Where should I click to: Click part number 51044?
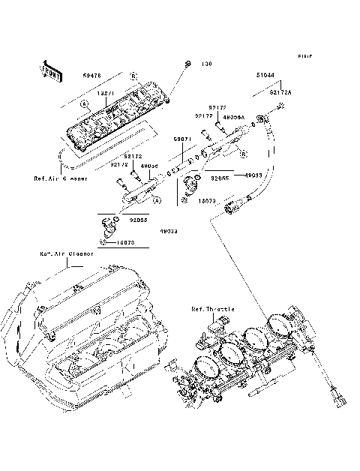click(264, 75)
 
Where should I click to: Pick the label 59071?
click(184, 139)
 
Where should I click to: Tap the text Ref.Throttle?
click(213, 308)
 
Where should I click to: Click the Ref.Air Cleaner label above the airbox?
click(67, 253)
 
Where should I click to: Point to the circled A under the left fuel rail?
click(157, 200)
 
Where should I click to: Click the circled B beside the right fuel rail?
click(243, 154)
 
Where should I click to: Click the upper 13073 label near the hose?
click(208, 202)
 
